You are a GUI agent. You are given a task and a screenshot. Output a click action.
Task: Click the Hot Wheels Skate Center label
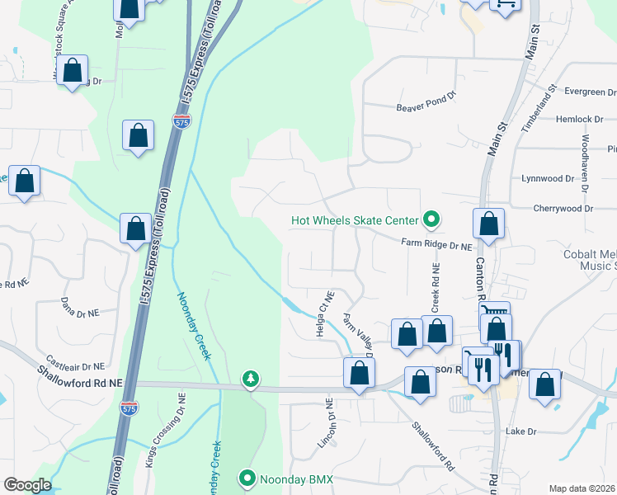(354, 220)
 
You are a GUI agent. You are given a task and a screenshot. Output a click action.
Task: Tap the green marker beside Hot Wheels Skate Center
(430, 219)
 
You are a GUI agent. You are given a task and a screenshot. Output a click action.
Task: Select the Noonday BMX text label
(294, 478)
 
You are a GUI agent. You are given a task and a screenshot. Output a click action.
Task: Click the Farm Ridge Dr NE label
(436, 245)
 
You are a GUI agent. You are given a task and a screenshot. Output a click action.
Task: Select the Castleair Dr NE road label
(76, 364)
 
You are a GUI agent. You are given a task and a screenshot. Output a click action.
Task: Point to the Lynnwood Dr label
(548, 178)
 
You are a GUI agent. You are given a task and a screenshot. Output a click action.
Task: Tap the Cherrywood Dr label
(563, 209)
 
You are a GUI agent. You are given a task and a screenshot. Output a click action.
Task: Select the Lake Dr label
(520, 431)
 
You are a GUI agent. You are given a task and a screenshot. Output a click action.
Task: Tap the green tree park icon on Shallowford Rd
(250, 379)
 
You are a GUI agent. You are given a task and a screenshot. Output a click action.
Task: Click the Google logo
(27, 485)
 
